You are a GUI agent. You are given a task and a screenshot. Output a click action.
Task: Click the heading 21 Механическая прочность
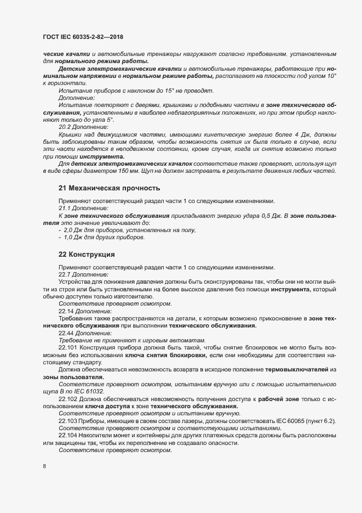click(x=105, y=188)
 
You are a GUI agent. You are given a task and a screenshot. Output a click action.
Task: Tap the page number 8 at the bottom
click(x=44, y=466)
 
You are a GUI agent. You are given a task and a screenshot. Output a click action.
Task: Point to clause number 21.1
click(x=66, y=208)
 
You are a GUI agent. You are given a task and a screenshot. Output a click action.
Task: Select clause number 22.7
click(x=66, y=274)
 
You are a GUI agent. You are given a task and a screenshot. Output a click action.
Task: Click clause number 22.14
click(x=67, y=311)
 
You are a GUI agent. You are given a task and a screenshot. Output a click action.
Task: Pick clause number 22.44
click(x=67, y=332)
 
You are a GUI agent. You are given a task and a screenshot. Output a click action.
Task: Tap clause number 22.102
click(x=68, y=398)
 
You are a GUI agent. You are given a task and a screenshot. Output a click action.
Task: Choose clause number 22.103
click(x=68, y=420)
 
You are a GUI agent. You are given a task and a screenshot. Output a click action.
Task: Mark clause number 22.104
click(x=68, y=435)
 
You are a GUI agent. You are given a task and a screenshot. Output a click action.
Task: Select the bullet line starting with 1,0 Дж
click(x=101, y=238)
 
